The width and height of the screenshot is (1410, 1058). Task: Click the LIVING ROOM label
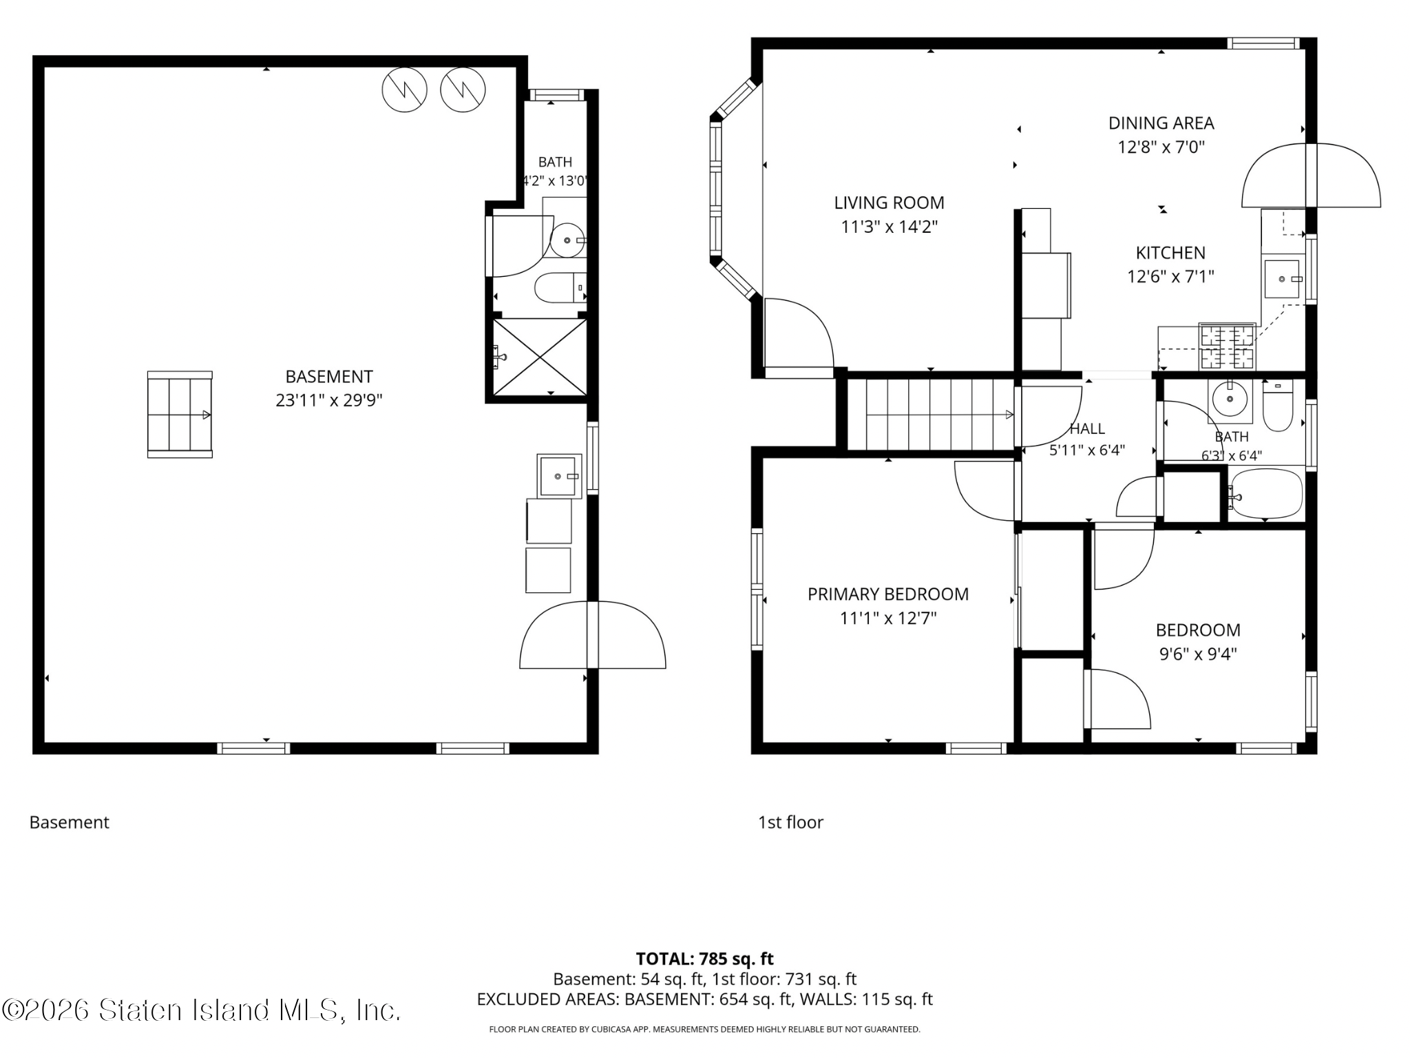pos(889,203)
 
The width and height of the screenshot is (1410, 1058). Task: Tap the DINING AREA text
pos(1161,123)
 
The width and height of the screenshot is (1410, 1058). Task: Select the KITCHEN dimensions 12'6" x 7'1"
pos(1170,276)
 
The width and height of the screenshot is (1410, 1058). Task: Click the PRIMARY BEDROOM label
pos(888,594)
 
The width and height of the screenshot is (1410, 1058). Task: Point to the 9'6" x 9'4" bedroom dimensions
pos(1198,654)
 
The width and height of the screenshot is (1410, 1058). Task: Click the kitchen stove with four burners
pos(1227,346)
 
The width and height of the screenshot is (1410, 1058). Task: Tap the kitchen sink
pos(1282,279)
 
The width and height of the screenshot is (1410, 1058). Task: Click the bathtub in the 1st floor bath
pos(1265,493)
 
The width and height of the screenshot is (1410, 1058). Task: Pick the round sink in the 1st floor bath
pos(1230,398)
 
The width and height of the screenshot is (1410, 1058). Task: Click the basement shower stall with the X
pos(540,357)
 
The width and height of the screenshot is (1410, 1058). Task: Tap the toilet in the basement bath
pos(560,289)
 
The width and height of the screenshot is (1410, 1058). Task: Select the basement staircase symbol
pos(180,415)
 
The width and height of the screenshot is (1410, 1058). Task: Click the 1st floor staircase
pos(931,415)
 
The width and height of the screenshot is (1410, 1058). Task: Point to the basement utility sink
pos(559,475)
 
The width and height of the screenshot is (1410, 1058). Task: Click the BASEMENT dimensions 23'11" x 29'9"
pos(329,400)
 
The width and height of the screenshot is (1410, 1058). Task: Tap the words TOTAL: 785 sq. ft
pos(704,959)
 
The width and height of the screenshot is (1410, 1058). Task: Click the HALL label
pos(1087,428)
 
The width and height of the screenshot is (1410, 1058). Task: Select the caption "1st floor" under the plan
pos(790,822)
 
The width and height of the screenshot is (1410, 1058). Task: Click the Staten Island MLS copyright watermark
pos(200,1010)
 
